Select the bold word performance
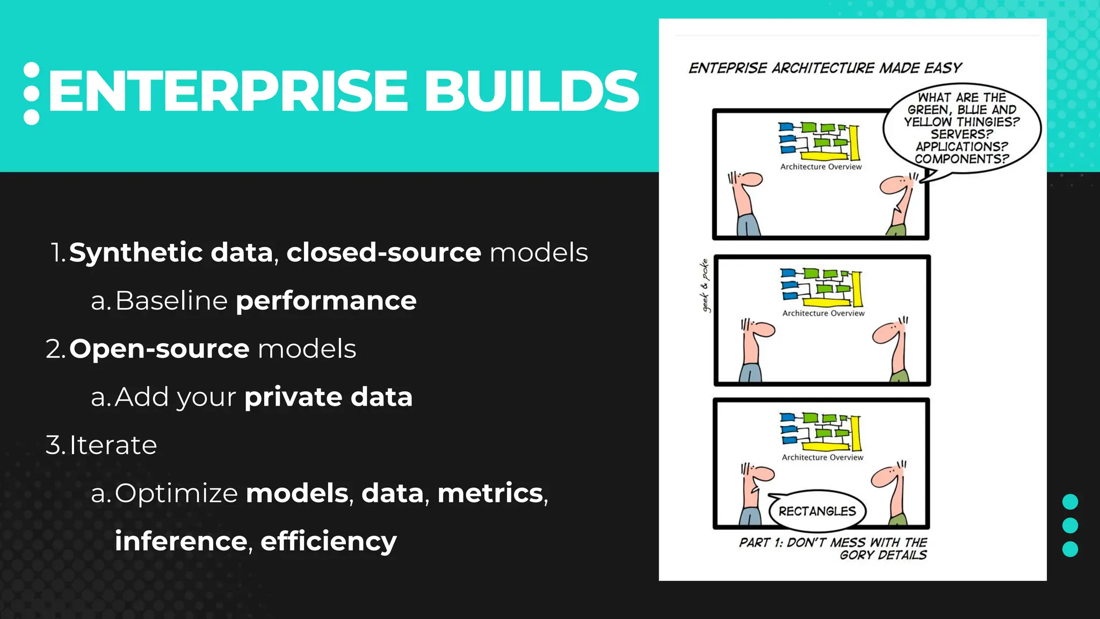pyautogui.click(x=326, y=300)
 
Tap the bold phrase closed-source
pyautogui.click(x=383, y=253)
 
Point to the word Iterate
pyautogui.click(x=113, y=445)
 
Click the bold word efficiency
pyautogui.click(x=328, y=541)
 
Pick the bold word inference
pyautogui.click(x=181, y=541)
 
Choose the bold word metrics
pyautogui.click(x=490, y=493)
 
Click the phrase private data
pyautogui.click(x=328, y=397)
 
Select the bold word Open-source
pyautogui.click(x=159, y=349)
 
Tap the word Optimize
pyautogui.click(x=176, y=493)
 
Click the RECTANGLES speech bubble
pyautogui.click(x=817, y=511)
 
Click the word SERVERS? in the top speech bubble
pyautogui.click(x=961, y=134)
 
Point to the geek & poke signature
pyautogui.click(x=705, y=285)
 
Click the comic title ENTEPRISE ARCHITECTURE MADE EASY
pyautogui.click(x=824, y=68)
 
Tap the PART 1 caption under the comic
pyautogui.click(x=833, y=549)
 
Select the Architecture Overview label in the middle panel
pyautogui.click(x=823, y=313)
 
